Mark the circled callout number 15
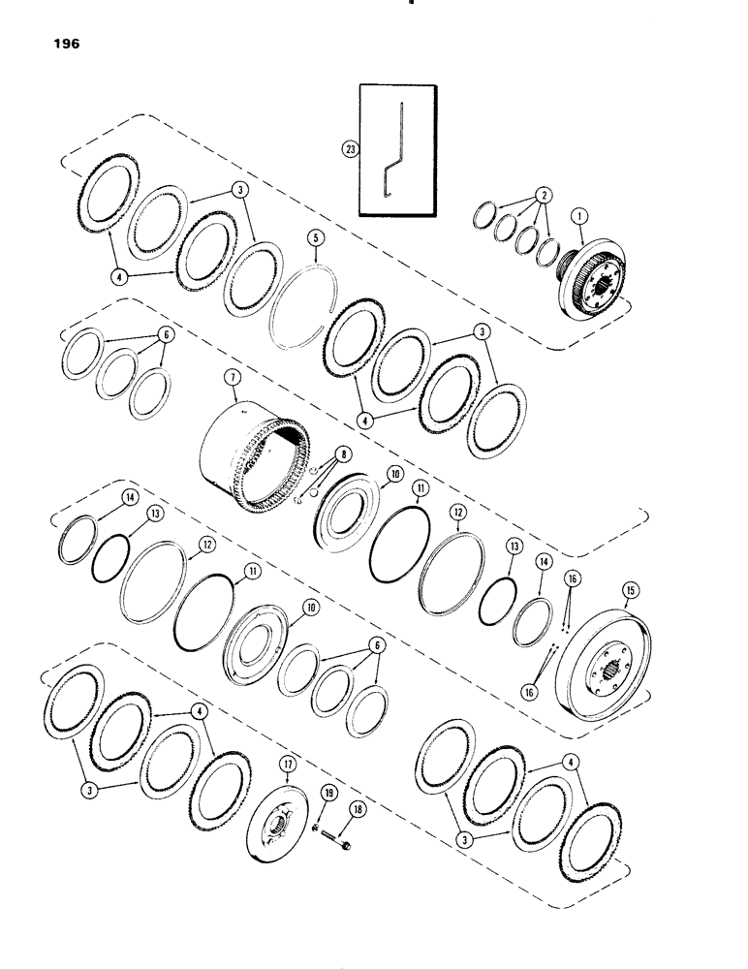click(631, 615)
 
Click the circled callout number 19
click(328, 793)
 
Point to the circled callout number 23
click(350, 149)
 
